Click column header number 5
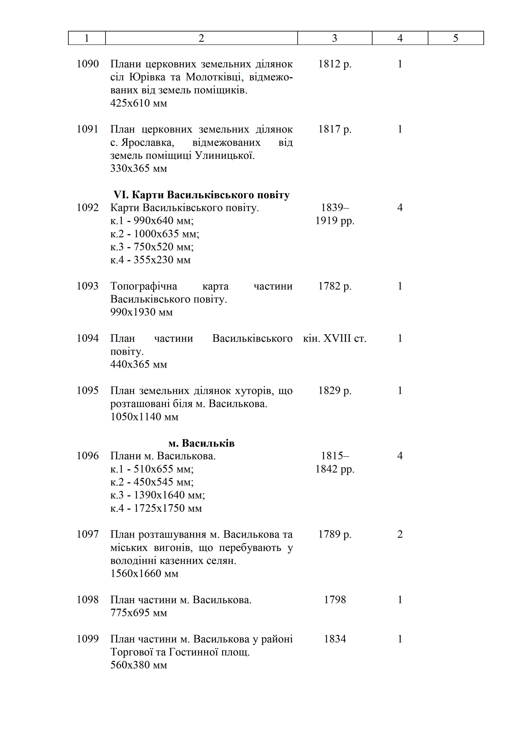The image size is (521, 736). click(x=455, y=38)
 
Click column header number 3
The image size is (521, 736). click(x=334, y=38)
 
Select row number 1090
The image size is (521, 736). click(x=88, y=64)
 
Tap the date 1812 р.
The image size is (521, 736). click(x=335, y=64)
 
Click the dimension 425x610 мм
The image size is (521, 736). click(x=139, y=103)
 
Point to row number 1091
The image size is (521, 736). click(x=88, y=129)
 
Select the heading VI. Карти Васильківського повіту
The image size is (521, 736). click(x=201, y=195)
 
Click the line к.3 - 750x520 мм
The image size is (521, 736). click(x=152, y=247)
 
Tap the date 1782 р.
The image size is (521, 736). click(x=335, y=286)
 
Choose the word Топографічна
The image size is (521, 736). click(x=144, y=286)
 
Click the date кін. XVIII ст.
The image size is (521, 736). click(x=335, y=338)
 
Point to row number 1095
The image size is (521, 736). click(x=88, y=390)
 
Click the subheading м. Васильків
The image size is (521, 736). click(x=201, y=443)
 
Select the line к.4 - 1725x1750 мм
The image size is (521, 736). click(x=156, y=508)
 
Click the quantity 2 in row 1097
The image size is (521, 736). click(x=400, y=534)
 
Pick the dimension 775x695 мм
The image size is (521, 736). click(x=139, y=613)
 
